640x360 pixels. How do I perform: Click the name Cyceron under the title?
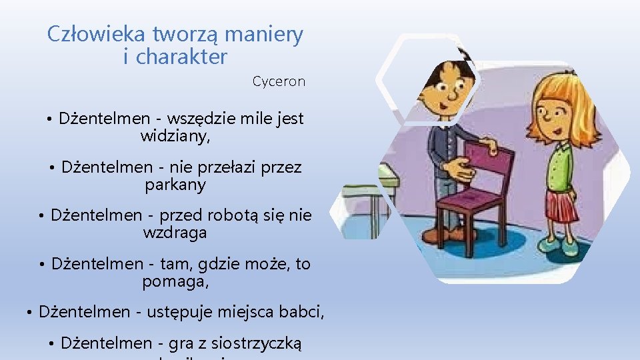click(x=279, y=82)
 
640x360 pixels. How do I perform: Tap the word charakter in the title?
click(x=181, y=57)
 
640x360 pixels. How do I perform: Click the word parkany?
click(x=175, y=185)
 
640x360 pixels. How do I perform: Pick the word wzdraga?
click(x=175, y=233)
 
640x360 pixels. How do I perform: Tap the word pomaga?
click(x=175, y=281)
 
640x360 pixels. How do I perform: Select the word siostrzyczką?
click(x=257, y=343)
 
